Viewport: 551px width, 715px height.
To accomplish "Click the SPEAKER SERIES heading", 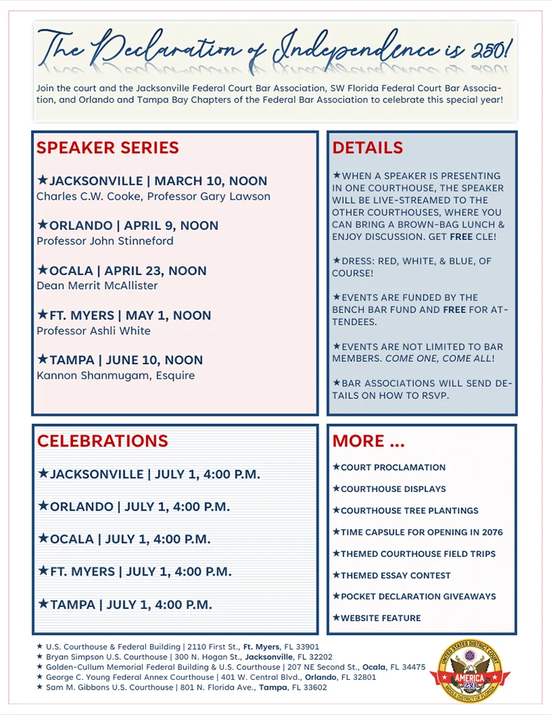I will pos(107,148).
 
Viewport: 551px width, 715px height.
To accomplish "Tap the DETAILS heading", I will pos(367,148).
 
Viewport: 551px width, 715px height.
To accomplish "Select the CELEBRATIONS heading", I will pos(102,441).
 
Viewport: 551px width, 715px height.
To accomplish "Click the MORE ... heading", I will pos(368,441).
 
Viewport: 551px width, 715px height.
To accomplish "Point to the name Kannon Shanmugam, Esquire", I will pos(116,376).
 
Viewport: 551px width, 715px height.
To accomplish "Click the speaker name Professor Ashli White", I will pos(94,331).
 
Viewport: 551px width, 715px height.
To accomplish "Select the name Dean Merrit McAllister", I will pos(97,286).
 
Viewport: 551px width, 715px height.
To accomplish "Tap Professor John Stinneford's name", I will pos(105,242).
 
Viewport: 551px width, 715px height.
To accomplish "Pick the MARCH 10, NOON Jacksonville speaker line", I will pos(152,182).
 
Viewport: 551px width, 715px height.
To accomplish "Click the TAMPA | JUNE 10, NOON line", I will pos(121,360).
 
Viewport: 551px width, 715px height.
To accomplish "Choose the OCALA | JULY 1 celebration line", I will pos(124,539).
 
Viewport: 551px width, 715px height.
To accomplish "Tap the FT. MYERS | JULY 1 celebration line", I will pos(135,572).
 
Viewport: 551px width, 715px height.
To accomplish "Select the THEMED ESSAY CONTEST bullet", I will pos(391,575).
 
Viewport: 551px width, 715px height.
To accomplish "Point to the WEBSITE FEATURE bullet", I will pos(377,618).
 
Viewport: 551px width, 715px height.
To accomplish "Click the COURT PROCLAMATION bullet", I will pos(389,467).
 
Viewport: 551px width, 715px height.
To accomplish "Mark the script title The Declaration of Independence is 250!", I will pos(275,47).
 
